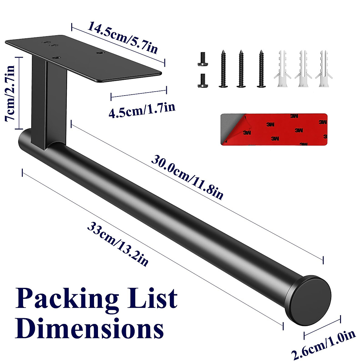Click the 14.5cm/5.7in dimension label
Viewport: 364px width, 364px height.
[x=123, y=38]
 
